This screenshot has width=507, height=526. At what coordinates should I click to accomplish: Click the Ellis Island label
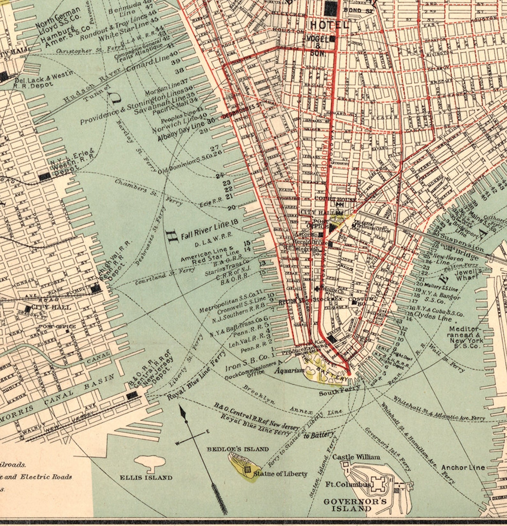click(x=146, y=478)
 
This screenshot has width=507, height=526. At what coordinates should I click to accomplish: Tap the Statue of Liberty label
click(x=280, y=474)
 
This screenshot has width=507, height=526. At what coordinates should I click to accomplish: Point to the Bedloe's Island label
click(x=238, y=449)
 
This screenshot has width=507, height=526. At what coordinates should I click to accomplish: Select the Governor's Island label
click(x=355, y=505)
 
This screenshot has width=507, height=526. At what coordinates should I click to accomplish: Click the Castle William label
click(x=356, y=457)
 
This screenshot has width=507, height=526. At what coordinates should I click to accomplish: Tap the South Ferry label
click(x=339, y=390)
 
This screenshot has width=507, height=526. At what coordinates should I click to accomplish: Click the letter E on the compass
click(x=208, y=431)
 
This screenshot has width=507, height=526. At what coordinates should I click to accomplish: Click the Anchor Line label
click(x=463, y=468)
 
